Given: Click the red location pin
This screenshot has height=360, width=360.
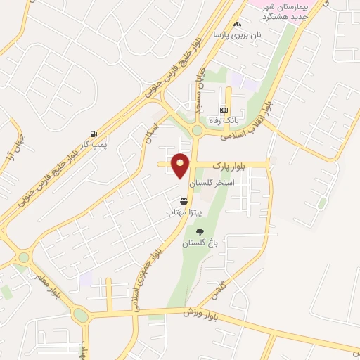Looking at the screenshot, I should click(x=181, y=166).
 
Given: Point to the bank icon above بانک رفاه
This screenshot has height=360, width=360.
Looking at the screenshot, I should click(x=224, y=110).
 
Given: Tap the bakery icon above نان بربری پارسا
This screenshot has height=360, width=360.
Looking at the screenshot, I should click(x=238, y=25).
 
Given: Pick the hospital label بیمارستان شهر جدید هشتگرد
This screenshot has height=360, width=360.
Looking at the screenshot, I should click(x=285, y=11).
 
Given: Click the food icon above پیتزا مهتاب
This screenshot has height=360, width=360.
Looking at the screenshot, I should click(x=184, y=201).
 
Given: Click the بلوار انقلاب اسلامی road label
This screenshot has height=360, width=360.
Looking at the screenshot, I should click(x=250, y=121).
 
